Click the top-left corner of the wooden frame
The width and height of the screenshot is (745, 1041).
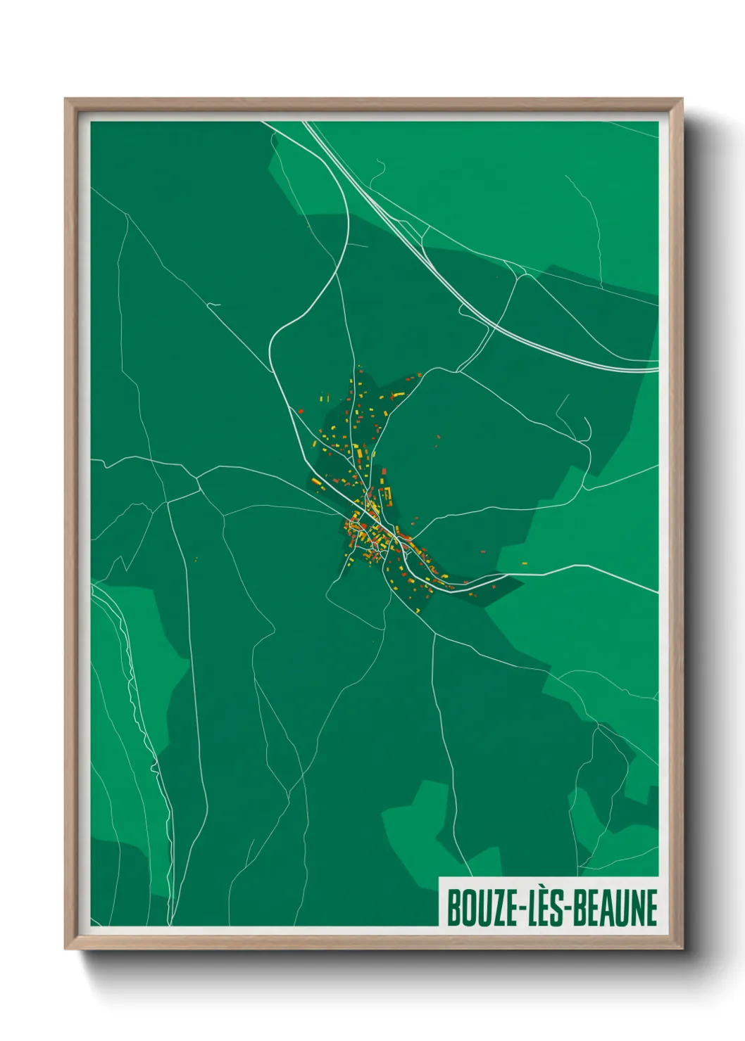(65, 99)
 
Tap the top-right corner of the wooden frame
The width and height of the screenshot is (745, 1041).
(682, 99)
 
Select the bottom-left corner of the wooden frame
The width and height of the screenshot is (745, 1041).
(65, 949)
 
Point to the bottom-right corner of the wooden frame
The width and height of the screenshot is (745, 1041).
(682, 949)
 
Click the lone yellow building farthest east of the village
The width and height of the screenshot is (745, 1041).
(525, 563)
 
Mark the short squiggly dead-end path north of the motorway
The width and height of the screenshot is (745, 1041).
(380, 168)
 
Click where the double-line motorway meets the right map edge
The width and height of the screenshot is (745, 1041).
(657, 366)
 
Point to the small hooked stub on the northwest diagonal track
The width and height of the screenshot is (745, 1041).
(215, 305)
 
